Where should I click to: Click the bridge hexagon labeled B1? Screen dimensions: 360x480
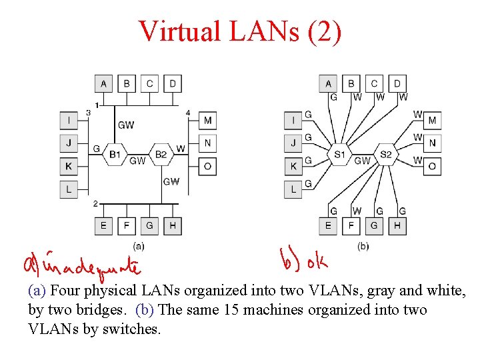point(115,154)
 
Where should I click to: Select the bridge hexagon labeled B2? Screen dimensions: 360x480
point(161,154)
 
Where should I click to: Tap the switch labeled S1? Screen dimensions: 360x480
point(339,155)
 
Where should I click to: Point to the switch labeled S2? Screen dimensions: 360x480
point(386,155)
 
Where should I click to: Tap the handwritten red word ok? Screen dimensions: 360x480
point(317,262)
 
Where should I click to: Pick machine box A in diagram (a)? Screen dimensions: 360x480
point(103,83)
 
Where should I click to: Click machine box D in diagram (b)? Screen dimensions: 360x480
point(397,83)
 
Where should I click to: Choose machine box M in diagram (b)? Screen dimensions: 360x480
point(432,120)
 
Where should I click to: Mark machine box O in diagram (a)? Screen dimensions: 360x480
point(207,165)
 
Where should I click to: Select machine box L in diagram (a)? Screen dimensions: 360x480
point(69,189)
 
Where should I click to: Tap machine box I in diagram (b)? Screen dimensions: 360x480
point(293,120)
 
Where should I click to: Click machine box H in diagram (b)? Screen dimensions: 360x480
point(397,225)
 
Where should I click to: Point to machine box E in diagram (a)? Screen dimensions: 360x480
point(103,225)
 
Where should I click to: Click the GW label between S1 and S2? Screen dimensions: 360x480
point(362,161)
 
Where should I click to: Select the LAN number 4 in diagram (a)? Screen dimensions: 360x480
point(188,113)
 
